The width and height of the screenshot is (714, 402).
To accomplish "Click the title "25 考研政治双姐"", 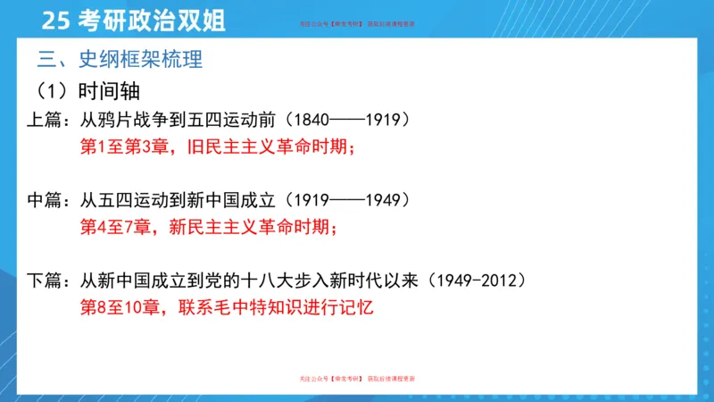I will click(134, 21).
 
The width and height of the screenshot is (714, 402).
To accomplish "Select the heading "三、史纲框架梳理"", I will click(120, 61).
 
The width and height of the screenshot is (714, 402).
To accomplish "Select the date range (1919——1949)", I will click(353, 199).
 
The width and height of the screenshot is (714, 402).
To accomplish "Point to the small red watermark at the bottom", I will click(357, 380).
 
